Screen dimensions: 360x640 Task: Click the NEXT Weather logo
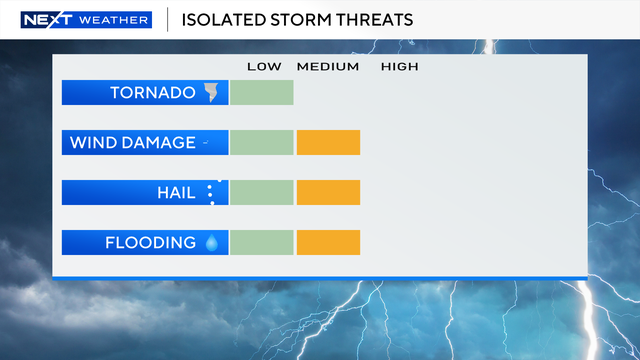pyautogui.click(x=85, y=20)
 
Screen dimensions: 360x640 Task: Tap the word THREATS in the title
pyautogui.click(x=371, y=20)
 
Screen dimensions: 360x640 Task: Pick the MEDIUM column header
pyautogui.click(x=327, y=67)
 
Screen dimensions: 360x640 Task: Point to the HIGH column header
pyautogui.click(x=400, y=67)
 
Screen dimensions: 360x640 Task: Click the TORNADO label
pyautogui.click(x=153, y=93)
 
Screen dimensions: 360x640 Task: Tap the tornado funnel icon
pyautogui.click(x=211, y=93)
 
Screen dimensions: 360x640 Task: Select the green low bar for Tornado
pyautogui.click(x=262, y=93)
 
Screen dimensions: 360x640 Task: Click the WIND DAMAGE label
pyautogui.click(x=132, y=143)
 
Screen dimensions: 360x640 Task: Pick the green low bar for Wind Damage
pyautogui.click(x=262, y=143)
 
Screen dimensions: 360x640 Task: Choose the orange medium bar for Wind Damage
pyautogui.click(x=328, y=143)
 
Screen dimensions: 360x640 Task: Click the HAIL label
pyautogui.click(x=176, y=193)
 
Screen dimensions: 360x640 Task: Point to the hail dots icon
pyautogui.click(x=211, y=193)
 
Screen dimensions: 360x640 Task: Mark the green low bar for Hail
pyautogui.click(x=262, y=193)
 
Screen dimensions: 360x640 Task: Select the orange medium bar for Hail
pyautogui.click(x=328, y=193)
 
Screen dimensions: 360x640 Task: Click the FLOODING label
pyautogui.click(x=150, y=243)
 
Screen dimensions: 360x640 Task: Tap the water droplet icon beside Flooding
pyautogui.click(x=211, y=243)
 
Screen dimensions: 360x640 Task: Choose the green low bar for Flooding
pyautogui.click(x=262, y=243)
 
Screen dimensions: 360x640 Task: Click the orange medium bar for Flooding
pyautogui.click(x=328, y=243)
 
